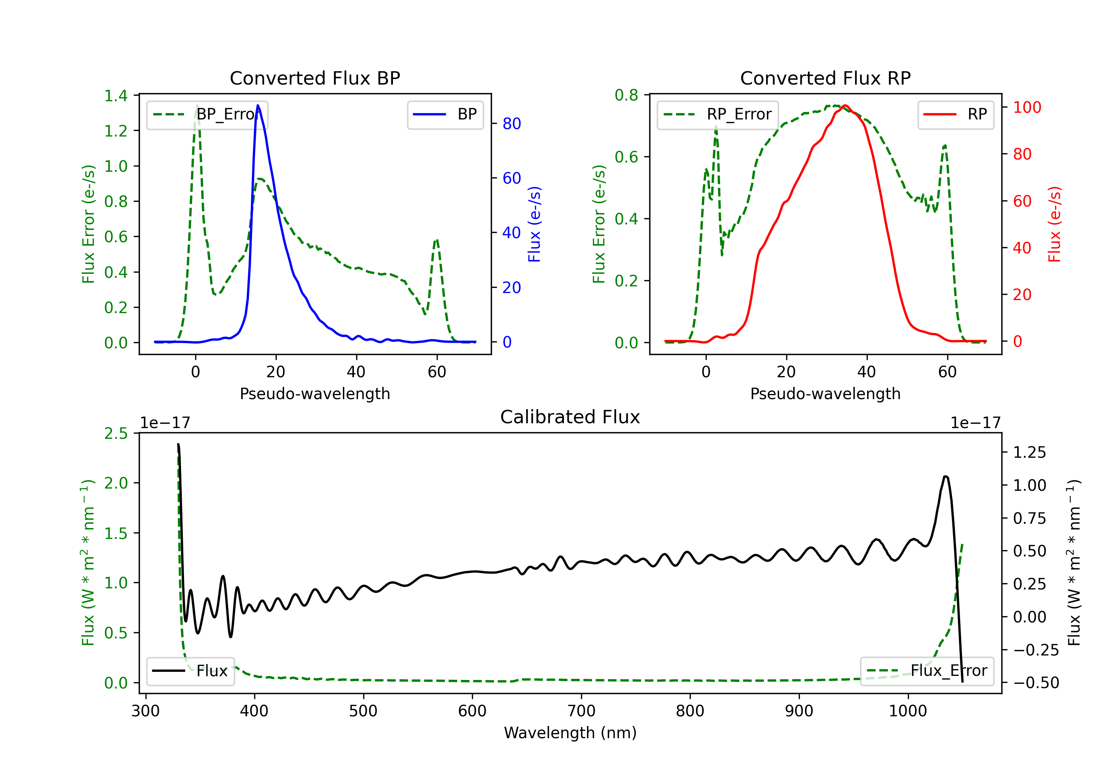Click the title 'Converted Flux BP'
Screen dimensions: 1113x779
(x=315, y=78)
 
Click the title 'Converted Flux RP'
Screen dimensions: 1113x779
(x=825, y=78)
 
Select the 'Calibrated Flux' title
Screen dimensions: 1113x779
(x=570, y=417)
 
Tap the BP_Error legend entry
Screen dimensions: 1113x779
(x=207, y=115)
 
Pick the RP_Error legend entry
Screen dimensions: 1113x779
(x=718, y=115)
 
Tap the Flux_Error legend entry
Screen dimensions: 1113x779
(x=927, y=671)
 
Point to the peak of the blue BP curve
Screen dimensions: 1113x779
(x=258, y=105)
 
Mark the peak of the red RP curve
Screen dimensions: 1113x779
(x=845, y=105)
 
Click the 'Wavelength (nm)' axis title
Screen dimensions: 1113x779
(x=570, y=733)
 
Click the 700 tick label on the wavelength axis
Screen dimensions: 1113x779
(x=581, y=711)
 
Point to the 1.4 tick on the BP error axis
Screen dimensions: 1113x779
(x=116, y=96)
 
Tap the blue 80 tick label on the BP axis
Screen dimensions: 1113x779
(x=512, y=124)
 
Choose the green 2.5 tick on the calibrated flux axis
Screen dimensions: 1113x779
(x=116, y=433)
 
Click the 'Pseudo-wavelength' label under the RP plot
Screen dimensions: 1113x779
(x=825, y=394)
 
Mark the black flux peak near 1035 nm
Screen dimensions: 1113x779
(x=945, y=477)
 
